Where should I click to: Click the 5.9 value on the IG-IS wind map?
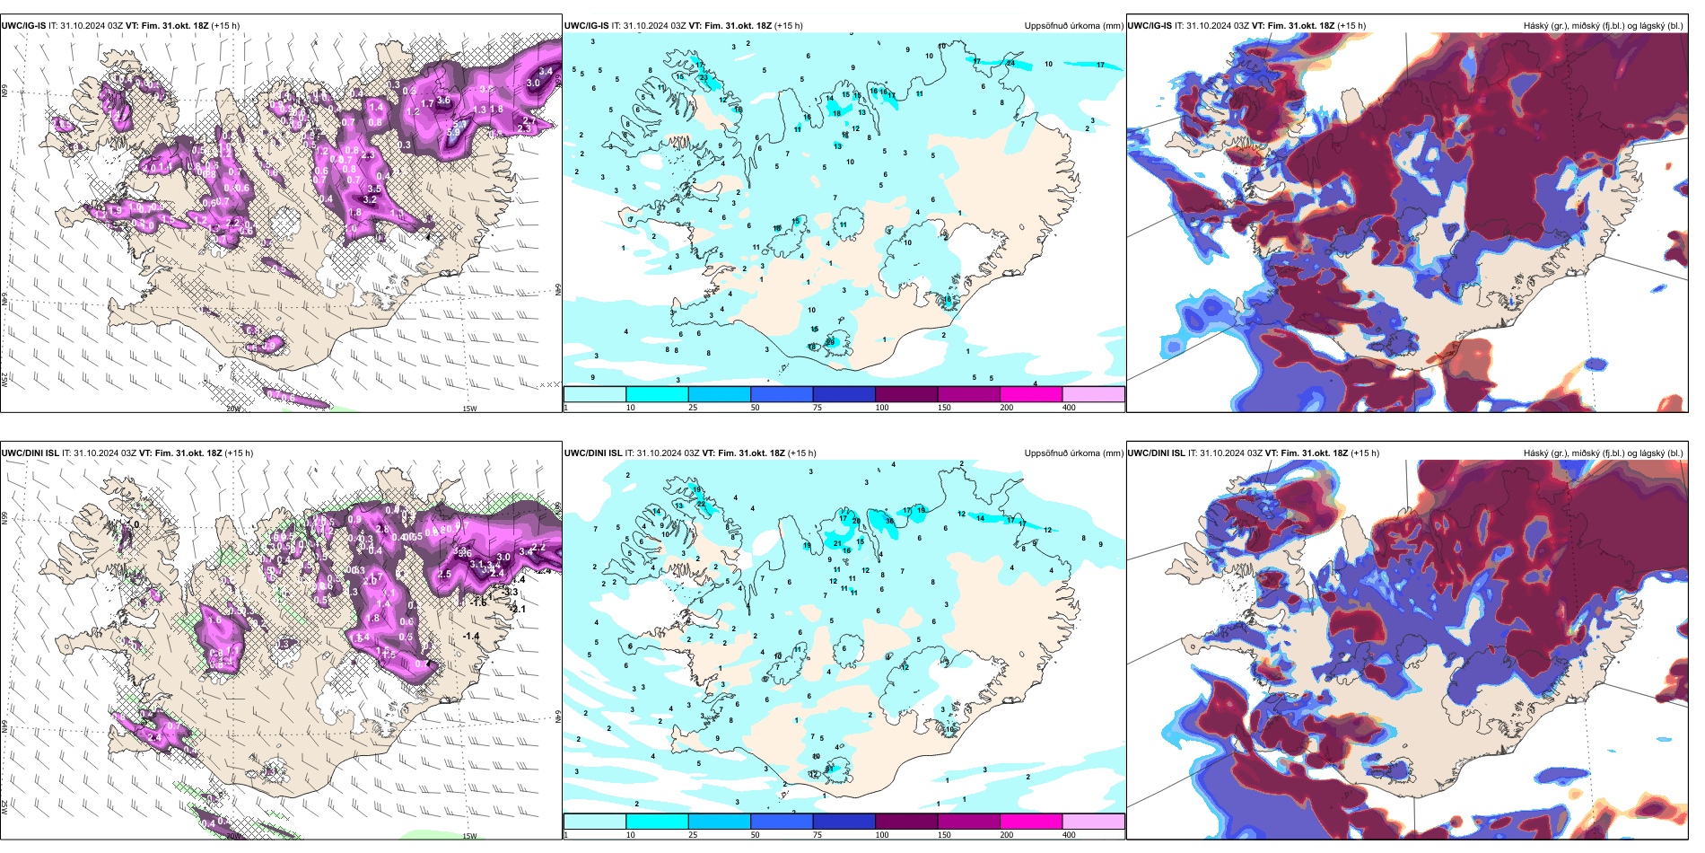453,133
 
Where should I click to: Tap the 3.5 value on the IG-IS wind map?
374,189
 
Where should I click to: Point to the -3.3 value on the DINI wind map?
511,592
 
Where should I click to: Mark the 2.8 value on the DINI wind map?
382,530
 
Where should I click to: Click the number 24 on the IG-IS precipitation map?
1010,64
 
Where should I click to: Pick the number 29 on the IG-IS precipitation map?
830,342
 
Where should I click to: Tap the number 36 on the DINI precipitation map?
889,521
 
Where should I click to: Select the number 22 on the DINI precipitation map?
702,505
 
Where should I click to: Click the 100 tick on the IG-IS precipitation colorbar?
882,408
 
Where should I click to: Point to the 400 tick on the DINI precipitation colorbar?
1069,835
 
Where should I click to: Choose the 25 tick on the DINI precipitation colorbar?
693,835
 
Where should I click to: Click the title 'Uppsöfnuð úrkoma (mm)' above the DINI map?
1073,453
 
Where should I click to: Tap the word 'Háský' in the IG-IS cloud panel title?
1536,26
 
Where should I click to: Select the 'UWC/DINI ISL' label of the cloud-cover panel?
1156,453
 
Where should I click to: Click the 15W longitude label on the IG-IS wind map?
468,409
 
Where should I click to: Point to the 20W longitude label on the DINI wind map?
233,836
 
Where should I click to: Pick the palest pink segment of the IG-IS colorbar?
1093,394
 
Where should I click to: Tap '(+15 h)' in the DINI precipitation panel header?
802,453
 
